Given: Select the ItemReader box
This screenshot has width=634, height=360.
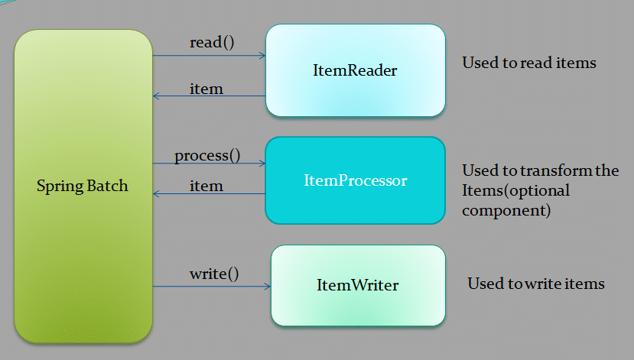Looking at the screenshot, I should click(355, 70).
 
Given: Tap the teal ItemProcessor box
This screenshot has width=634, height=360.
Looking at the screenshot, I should click(355, 181).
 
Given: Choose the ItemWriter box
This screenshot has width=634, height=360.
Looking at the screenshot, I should click(357, 286).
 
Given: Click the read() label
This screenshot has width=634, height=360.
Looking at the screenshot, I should click(211, 42).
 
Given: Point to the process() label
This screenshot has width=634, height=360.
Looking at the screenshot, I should click(207, 155).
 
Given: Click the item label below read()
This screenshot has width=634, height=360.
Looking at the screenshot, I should click(206, 89).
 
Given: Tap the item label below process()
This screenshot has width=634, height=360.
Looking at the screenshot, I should click(206, 186).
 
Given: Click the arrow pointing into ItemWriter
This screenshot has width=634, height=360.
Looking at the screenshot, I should click(212, 287).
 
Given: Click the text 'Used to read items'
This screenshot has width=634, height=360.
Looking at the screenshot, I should click(528, 63).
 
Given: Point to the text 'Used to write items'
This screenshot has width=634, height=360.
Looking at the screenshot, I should click(535, 284).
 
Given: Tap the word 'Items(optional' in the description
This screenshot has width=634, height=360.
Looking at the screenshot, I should click(515, 190).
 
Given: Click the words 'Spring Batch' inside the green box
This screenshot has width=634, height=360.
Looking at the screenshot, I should click(83, 186).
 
